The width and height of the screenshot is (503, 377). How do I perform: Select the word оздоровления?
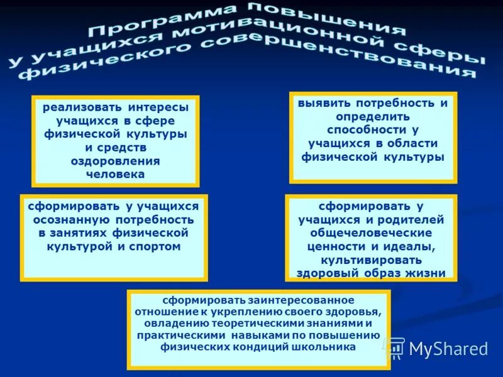[x=115, y=161]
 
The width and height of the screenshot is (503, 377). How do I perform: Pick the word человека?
[x=115, y=174]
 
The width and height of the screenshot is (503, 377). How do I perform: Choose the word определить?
[x=372, y=116]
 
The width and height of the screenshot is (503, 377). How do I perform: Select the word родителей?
[x=411, y=219]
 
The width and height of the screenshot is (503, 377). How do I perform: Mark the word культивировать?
[x=372, y=260]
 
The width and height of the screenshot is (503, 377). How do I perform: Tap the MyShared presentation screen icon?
[x=395, y=347]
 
